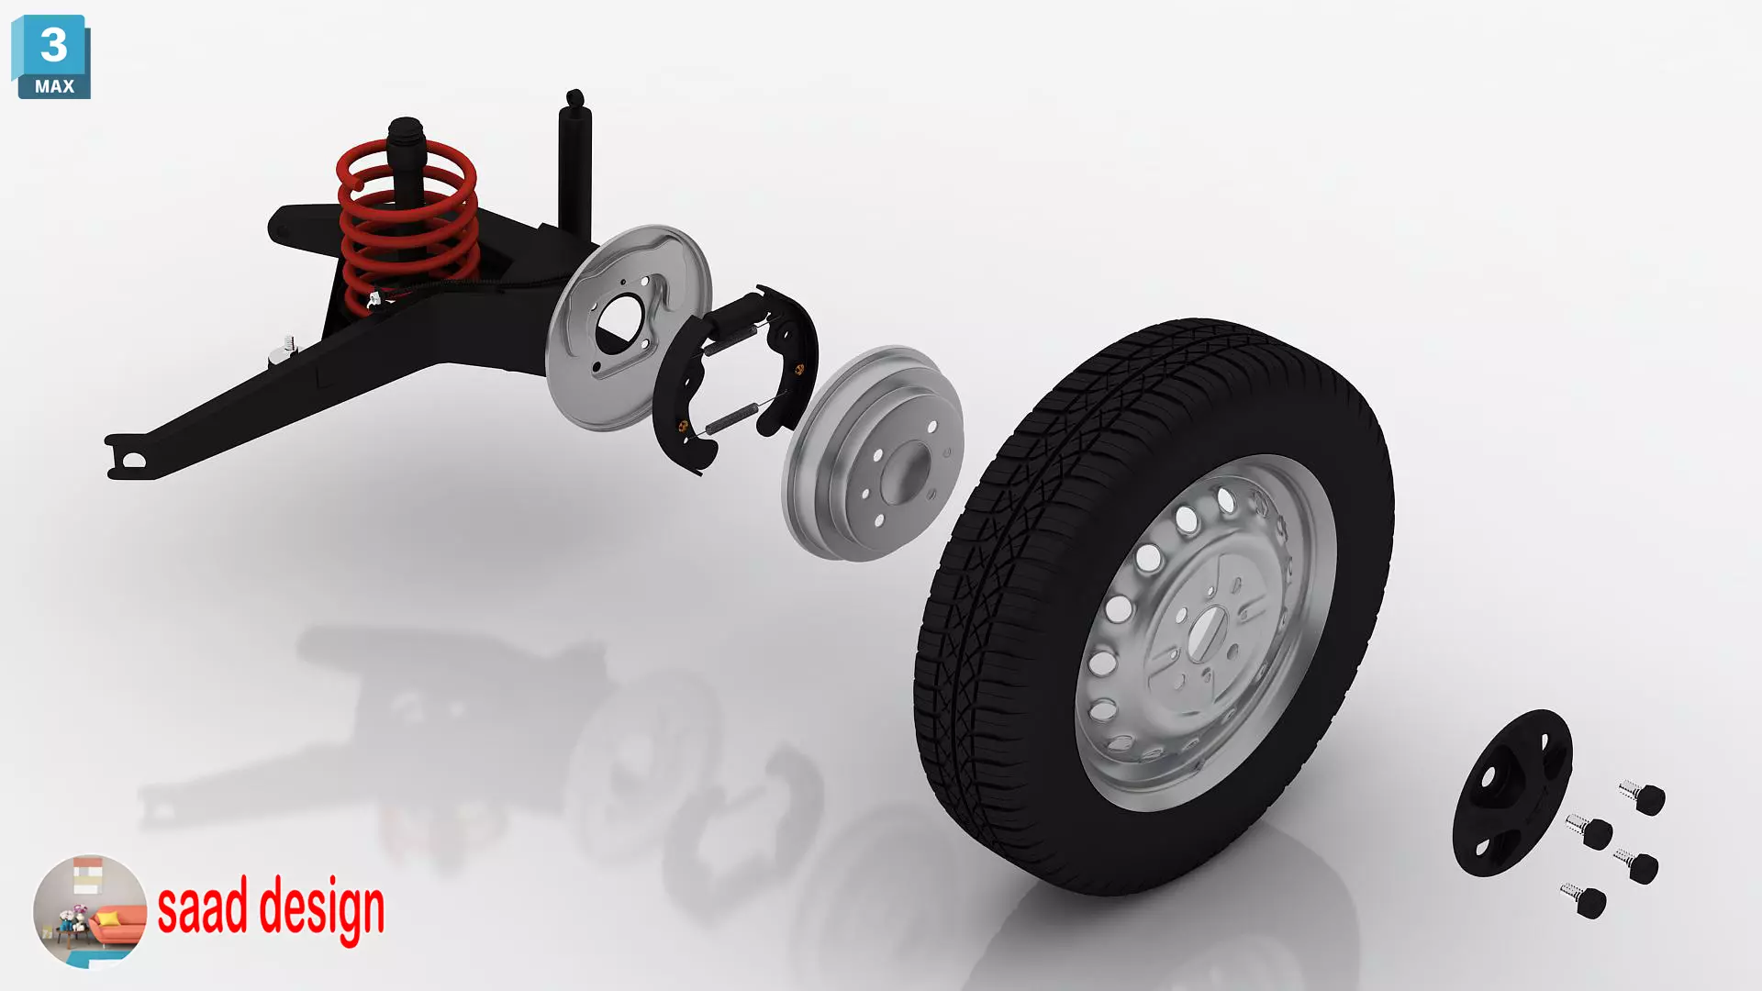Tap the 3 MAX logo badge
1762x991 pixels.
[x=52, y=57]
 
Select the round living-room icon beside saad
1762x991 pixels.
[x=89, y=910]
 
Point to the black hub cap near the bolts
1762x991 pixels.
[x=1511, y=793]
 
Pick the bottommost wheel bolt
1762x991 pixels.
[x=1586, y=900]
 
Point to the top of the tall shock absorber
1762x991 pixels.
[x=575, y=99]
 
